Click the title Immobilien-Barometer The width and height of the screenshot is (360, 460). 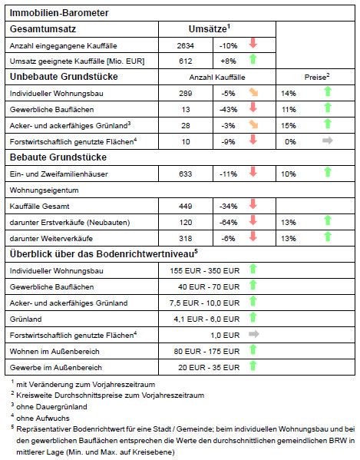pyautogui.click(x=59, y=13)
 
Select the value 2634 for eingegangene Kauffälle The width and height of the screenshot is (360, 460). pyautogui.click(x=185, y=46)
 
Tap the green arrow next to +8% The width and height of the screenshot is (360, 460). pyautogui.click(x=253, y=59)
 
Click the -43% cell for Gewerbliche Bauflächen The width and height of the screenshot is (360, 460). pyautogui.click(x=229, y=110)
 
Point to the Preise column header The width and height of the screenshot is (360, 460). pyautogui.click(x=317, y=77)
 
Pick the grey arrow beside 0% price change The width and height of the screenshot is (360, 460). pyautogui.click(x=328, y=141)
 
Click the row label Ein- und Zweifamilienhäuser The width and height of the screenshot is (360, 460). pyautogui.click(x=58, y=174)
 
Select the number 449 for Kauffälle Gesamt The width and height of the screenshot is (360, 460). pyautogui.click(x=185, y=207)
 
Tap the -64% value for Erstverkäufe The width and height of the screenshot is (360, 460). pyautogui.click(x=229, y=223)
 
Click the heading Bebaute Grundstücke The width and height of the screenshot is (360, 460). pyautogui.click(x=58, y=157)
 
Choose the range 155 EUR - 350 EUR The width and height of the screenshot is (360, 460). pyautogui.click(x=205, y=271)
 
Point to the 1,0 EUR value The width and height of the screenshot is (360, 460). pyautogui.click(x=225, y=336)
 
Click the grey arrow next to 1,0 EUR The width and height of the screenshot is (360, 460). pyautogui.click(x=253, y=334)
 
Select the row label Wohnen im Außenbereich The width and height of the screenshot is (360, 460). pyautogui.click(x=54, y=352)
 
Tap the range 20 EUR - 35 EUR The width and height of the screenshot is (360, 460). pyautogui.click(x=209, y=368)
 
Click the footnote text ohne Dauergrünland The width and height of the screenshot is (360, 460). pyautogui.click(x=51, y=407)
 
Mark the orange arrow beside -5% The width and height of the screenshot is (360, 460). pyautogui.click(x=253, y=92)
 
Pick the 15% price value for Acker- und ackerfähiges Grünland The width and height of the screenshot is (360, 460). pyautogui.click(x=289, y=126)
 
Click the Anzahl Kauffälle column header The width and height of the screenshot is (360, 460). pyautogui.click(x=217, y=78)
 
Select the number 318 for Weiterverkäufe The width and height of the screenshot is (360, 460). pyautogui.click(x=185, y=239)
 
